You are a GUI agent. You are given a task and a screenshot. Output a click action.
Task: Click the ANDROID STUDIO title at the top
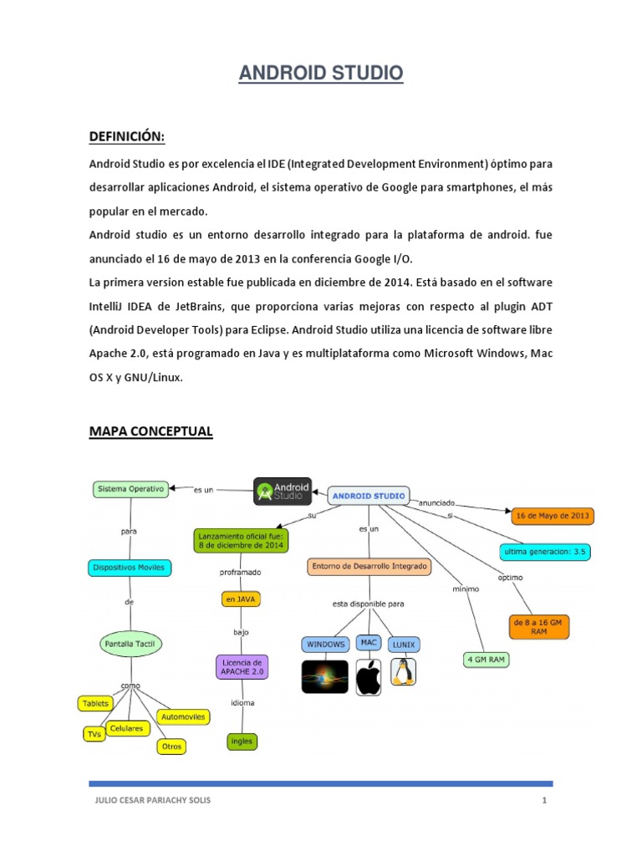coord(321,74)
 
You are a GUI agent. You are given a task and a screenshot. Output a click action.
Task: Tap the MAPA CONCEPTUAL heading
coord(150,431)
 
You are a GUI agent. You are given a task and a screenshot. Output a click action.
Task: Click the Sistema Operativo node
coord(130,488)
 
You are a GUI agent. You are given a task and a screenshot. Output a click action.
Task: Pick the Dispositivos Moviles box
coord(130,568)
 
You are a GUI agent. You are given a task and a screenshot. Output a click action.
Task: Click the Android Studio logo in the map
coord(282,492)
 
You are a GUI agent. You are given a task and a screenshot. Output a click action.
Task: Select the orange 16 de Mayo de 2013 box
coord(552,516)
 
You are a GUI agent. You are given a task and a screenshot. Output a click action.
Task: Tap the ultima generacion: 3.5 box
coord(543,552)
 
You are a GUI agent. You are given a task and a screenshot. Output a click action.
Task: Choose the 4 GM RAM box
coord(486,660)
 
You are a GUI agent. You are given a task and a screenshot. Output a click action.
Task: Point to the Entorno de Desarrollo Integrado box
coord(369,567)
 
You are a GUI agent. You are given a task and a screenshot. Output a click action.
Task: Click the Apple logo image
coord(369,676)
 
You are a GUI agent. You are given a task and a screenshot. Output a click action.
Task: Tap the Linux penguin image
coord(404,673)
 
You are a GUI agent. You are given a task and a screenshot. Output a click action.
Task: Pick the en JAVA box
coord(241,599)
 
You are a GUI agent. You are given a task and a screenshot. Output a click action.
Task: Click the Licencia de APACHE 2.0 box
coord(242,666)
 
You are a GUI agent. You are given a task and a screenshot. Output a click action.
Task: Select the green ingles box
coord(242,741)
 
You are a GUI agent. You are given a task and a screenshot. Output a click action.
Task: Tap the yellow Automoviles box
coord(185,716)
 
